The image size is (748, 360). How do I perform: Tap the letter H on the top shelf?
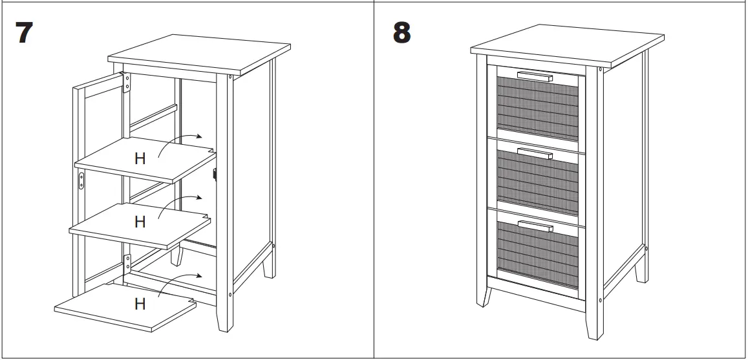[x=140, y=158]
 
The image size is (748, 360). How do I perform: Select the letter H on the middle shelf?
[x=140, y=222]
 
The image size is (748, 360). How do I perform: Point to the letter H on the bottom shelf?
[x=140, y=303]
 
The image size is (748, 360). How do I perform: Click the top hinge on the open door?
[x=127, y=83]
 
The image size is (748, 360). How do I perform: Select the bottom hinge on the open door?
[x=127, y=264]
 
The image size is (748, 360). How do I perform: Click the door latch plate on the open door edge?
[x=82, y=180]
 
